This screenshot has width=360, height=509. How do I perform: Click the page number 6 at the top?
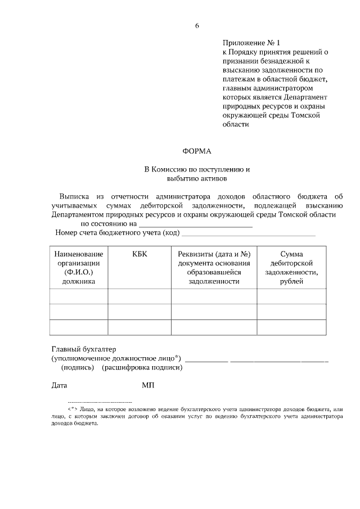[197, 26]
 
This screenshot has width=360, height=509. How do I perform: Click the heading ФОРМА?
[197, 150]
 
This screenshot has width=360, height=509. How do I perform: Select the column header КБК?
[139, 254]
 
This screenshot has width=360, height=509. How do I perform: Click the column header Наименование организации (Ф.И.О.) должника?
[79, 268]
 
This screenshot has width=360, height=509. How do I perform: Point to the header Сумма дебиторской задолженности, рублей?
[291, 268]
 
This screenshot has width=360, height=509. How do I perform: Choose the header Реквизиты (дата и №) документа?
[214, 268]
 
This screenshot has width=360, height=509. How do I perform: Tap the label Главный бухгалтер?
[83, 349]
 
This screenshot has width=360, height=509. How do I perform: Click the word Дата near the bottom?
[59, 386]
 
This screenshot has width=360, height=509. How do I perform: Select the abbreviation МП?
[148, 386]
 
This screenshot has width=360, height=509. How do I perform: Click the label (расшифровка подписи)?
[142, 367]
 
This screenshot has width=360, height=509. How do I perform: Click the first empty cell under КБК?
[139, 296]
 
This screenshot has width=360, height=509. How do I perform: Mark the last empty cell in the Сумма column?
[291, 327]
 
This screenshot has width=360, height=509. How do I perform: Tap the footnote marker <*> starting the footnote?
[73, 409]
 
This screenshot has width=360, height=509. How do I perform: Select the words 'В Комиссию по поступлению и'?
[197, 169]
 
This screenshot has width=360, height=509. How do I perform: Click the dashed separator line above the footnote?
[100, 402]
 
